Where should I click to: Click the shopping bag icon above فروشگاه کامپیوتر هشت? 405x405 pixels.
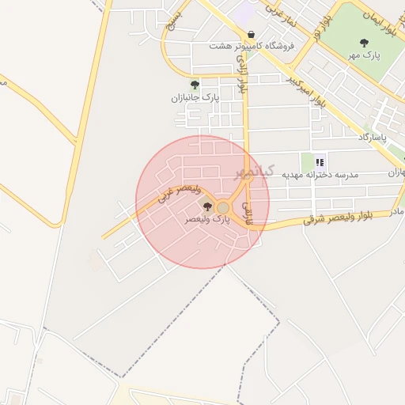(251, 34)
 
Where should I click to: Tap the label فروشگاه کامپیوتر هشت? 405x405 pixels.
(252, 46)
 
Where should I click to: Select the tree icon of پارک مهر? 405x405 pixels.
(364, 43)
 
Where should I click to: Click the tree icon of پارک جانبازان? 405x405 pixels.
(195, 85)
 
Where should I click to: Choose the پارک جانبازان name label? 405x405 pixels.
(195, 97)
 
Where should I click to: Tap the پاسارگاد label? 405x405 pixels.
(375, 138)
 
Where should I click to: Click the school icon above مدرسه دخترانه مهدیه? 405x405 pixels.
(320, 161)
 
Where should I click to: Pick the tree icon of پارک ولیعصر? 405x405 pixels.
(208, 206)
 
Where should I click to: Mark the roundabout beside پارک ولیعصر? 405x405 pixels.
(223, 207)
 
